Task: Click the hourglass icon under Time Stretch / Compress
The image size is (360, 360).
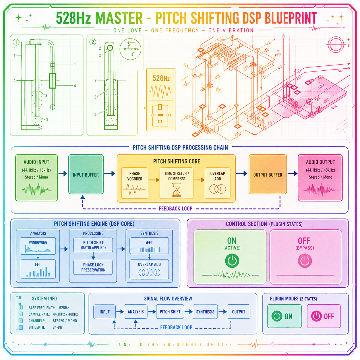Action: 177,190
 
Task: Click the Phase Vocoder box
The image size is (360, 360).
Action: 135,183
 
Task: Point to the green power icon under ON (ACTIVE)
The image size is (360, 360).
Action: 232,261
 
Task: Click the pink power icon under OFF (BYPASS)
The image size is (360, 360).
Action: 305,261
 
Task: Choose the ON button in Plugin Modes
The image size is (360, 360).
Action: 284,316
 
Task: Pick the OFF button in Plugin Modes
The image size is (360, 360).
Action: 324,316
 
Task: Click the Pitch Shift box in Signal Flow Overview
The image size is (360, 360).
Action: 170,312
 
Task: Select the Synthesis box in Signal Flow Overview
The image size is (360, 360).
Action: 205,312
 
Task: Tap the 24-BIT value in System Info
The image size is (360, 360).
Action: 58,327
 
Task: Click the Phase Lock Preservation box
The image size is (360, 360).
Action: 93,267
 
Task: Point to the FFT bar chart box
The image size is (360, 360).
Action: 38,269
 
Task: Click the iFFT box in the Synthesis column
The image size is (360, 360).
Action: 149,246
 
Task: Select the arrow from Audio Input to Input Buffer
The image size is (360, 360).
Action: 63,174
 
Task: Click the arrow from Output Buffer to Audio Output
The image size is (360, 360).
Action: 292,174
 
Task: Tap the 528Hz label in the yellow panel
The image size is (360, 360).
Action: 161,78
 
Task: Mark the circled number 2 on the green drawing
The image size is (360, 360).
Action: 92,42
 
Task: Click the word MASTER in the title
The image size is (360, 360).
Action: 119,18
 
